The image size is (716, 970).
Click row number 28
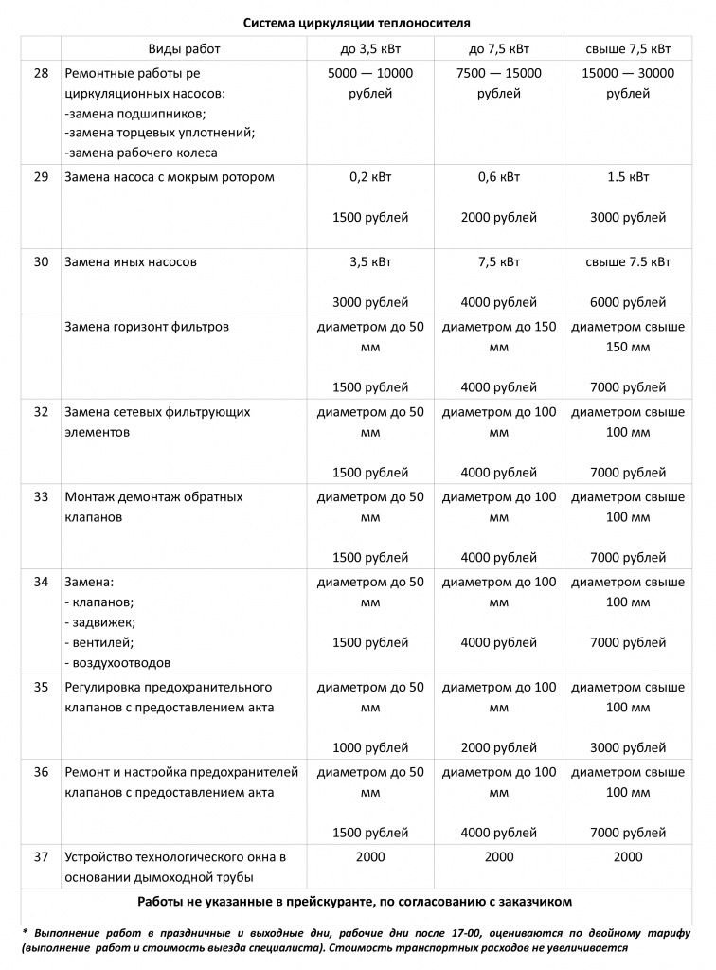(41, 73)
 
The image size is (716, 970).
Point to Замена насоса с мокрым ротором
(170, 176)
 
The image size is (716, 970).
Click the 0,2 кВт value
(370, 176)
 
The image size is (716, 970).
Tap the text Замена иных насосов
(131, 261)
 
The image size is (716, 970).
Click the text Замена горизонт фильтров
(147, 327)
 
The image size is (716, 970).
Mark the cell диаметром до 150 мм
(499, 337)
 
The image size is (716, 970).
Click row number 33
(41, 496)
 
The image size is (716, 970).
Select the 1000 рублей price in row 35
(370, 747)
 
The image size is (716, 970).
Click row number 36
(41, 772)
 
